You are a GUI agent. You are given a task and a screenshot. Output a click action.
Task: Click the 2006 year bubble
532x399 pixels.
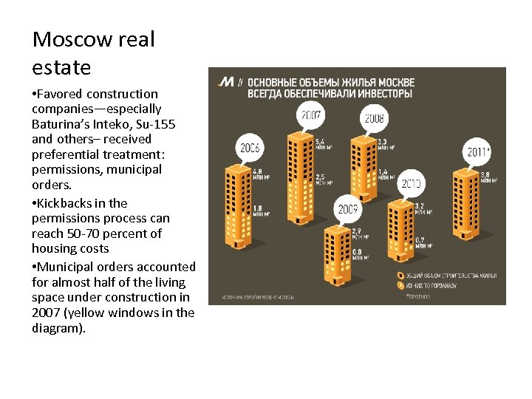pyautogui.click(x=250, y=148)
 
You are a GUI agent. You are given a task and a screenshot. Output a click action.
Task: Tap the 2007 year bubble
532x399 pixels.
pyautogui.click(x=310, y=115)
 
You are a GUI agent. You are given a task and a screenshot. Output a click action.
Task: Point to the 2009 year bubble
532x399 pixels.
pyautogui.click(x=348, y=209)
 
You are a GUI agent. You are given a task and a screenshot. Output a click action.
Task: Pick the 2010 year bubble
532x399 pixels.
pyautogui.click(x=411, y=182)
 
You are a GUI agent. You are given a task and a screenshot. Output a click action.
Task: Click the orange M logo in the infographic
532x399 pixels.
pyautogui.click(x=227, y=81)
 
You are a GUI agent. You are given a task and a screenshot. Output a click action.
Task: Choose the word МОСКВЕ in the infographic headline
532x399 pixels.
pyautogui.click(x=392, y=82)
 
